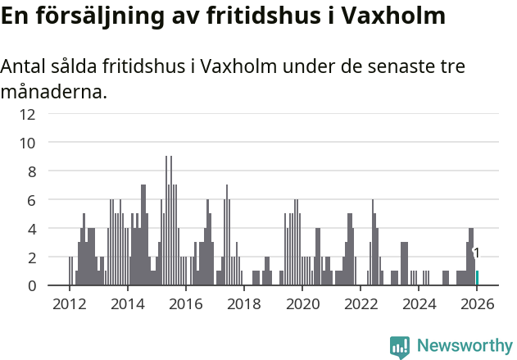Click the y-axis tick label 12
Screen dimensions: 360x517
pos(27,114)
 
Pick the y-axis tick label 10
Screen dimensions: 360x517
pos(27,143)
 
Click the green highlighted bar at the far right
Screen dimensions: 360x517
pos(477,278)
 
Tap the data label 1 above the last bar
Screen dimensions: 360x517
pos(477,253)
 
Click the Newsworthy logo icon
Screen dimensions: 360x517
pos(400,346)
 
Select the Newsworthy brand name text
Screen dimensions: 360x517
pos(465,346)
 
